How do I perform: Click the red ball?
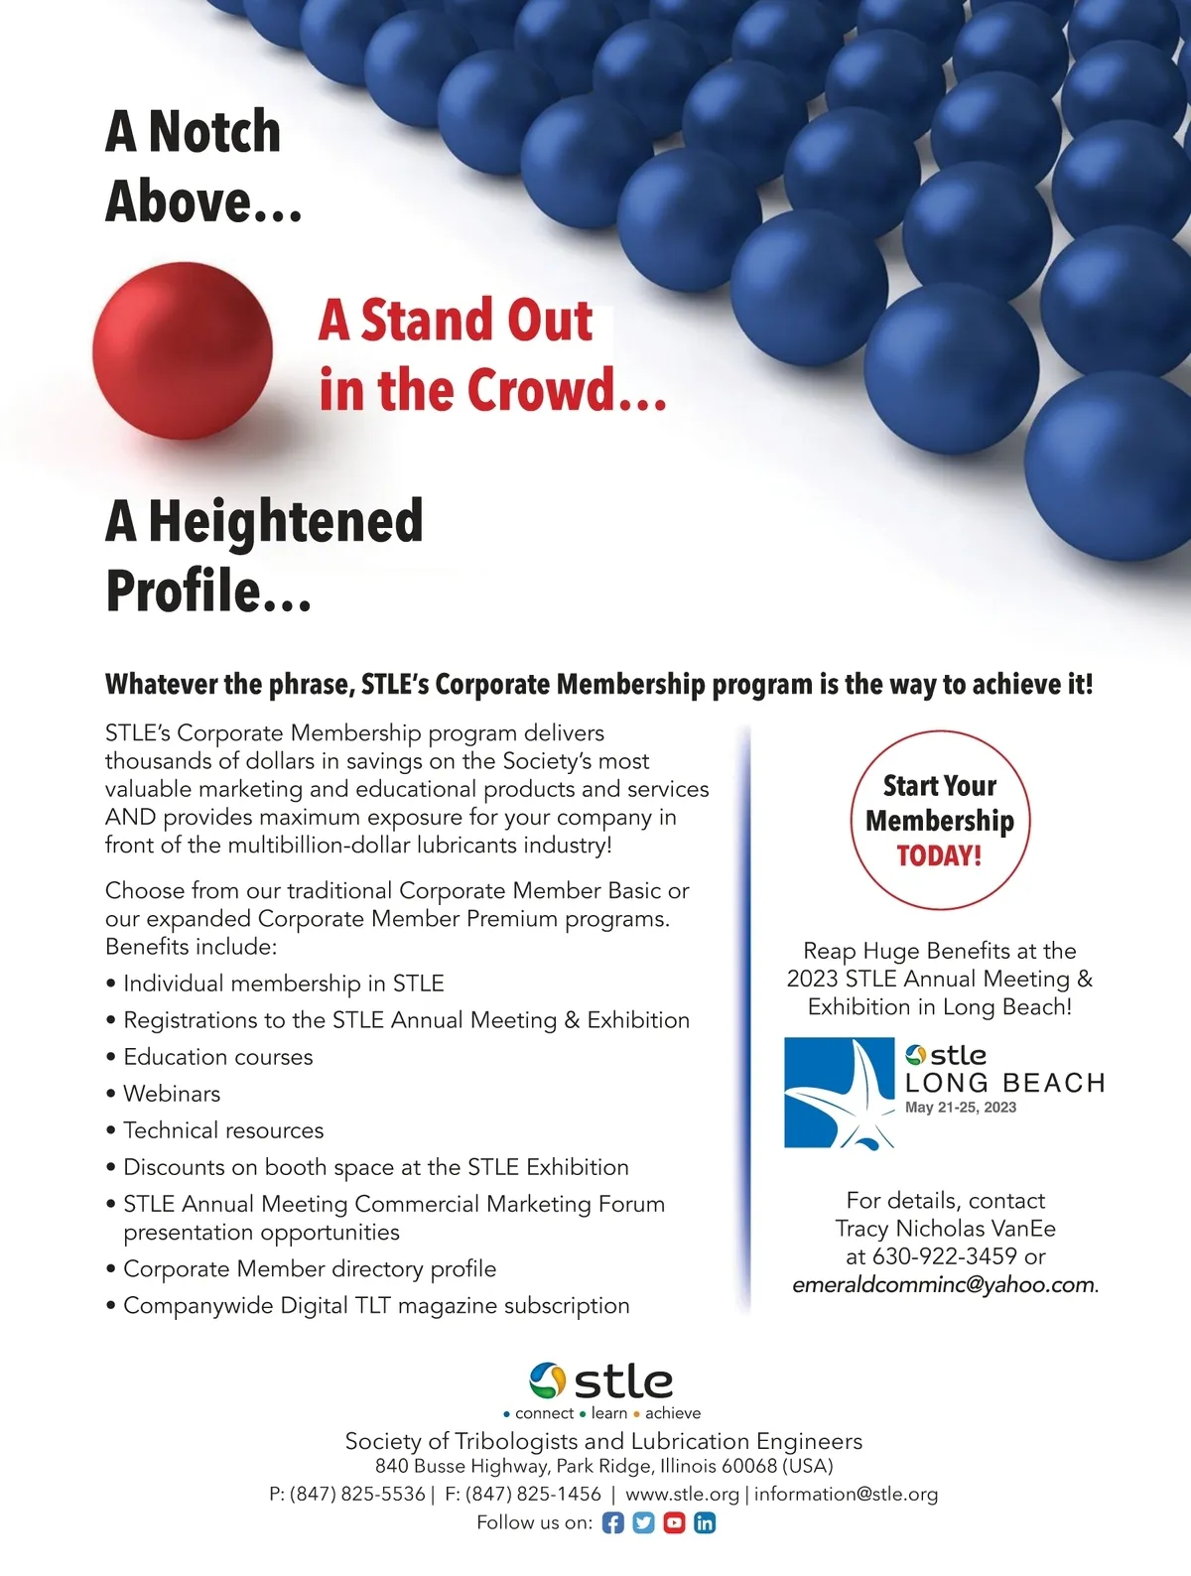pyautogui.click(x=183, y=350)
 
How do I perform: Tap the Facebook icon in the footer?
pyautogui.click(x=613, y=1522)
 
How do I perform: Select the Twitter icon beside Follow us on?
pyautogui.click(x=644, y=1522)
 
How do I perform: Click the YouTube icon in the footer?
pyautogui.click(x=674, y=1522)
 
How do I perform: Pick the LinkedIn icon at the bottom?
pyautogui.click(x=705, y=1522)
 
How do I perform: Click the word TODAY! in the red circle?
pyautogui.click(x=939, y=855)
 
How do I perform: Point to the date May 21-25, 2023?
pyautogui.click(x=961, y=1108)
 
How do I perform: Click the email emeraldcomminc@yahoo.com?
pyautogui.click(x=943, y=1285)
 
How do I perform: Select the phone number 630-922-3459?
pyautogui.click(x=945, y=1256)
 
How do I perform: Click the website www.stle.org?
pyautogui.click(x=682, y=1494)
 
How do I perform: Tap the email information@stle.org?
pyautogui.click(x=846, y=1494)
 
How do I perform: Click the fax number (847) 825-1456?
pyautogui.click(x=533, y=1494)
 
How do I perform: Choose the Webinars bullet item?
pyautogui.click(x=172, y=1094)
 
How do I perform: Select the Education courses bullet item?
pyautogui.click(x=217, y=1057)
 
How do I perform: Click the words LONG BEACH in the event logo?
pyautogui.click(x=1004, y=1083)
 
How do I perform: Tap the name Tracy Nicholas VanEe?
pyautogui.click(x=945, y=1229)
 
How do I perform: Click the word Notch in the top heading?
pyautogui.click(x=214, y=132)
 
